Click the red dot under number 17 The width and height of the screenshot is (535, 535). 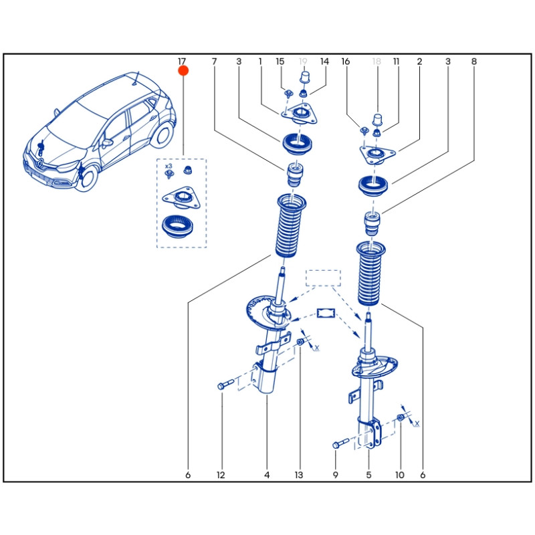pyautogui.click(x=183, y=70)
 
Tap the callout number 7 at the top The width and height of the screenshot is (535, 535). pyautogui.click(x=215, y=62)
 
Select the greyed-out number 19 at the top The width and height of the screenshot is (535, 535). pyautogui.click(x=303, y=62)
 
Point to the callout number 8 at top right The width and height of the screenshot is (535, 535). pyautogui.click(x=473, y=62)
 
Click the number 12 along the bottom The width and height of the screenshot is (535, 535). pyautogui.click(x=221, y=475)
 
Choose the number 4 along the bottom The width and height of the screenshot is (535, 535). pyautogui.click(x=267, y=475)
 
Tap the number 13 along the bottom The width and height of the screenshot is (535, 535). pyautogui.click(x=299, y=475)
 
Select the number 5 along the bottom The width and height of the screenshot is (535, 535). pyautogui.click(x=368, y=475)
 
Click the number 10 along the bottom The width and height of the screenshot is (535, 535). pyautogui.click(x=400, y=475)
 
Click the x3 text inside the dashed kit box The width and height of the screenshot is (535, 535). pyautogui.click(x=169, y=165)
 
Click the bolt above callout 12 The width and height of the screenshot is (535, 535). pyautogui.click(x=225, y=385)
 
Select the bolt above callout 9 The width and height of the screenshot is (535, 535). pyautogui.click(x=339, y=443)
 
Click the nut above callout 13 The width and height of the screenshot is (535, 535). pyautogui.click(x=300, y=343)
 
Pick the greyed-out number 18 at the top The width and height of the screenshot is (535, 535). pyautogui.click(x=377, y=62)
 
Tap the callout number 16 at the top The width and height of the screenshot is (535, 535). pyautogui.click(x=346, y=62)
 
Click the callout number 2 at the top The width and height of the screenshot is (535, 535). pyautogui.click(x=419, y=62)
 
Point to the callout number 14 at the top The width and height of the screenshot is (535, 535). pyautogui.click(x=324, y=62)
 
